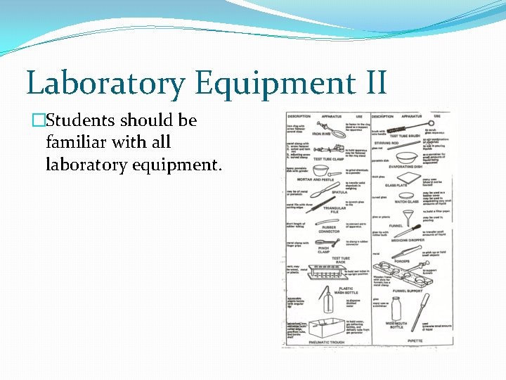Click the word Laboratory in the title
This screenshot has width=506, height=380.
tap(105, 83)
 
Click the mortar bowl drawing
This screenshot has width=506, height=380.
tap(322, 171)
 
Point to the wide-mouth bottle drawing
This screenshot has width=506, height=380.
tap(396, 308)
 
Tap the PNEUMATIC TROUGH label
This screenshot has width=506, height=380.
tap(327, 342)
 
